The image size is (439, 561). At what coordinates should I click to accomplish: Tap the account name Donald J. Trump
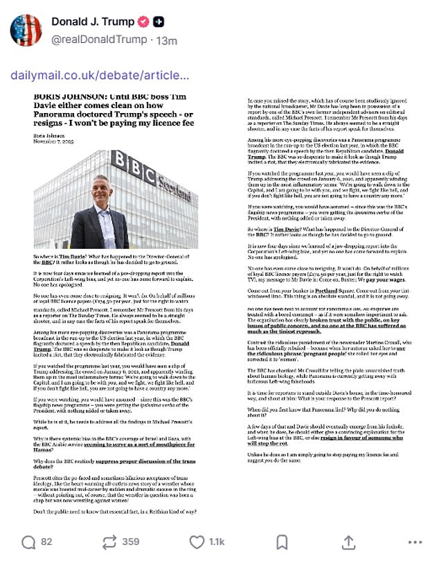coord(93,21)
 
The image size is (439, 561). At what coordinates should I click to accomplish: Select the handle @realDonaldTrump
coord(99,40)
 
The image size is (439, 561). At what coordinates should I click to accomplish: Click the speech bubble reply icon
coord(28,540)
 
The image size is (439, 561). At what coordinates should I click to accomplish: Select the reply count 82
coord(47,541)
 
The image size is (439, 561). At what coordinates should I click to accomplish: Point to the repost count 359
coord(130,541)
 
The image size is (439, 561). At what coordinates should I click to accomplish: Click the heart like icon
coord(197,540)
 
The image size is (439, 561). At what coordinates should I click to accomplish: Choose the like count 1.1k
coord(218,541)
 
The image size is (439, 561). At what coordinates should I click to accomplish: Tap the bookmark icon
coord(282,540)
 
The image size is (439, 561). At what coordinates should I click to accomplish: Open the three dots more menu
coord(416,540)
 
